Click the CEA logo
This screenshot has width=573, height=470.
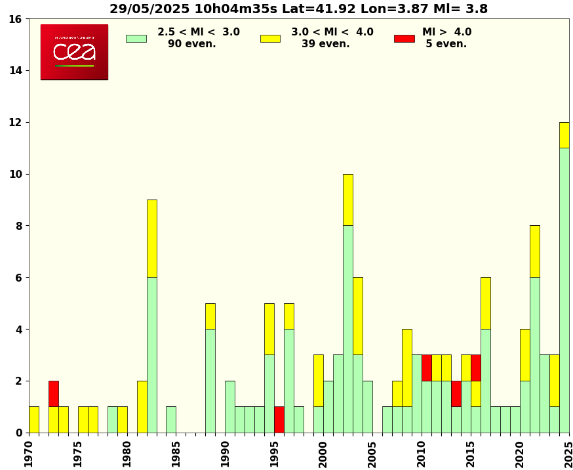(x=74, y=52)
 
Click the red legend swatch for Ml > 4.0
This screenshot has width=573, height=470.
(x=404, y=38)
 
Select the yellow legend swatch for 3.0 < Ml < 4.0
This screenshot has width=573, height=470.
(x=270, y=38)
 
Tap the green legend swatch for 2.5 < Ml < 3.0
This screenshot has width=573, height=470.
(x=136, y=38)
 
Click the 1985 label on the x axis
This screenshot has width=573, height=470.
(x=176, y=454)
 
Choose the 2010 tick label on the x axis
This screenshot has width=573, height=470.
(x=422, y=454)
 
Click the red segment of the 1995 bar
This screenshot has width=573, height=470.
(x=279, y=419)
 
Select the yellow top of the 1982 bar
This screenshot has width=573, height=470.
(x=151, y=238)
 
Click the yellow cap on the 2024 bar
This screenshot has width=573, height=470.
(x=564, y=135)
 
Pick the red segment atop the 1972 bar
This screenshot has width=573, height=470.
(x=54, y=394)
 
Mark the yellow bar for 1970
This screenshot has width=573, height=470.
(x=34, y=419)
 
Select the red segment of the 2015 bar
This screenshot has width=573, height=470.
(x=475, y=368)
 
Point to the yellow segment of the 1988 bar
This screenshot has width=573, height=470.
(x=210, y=316)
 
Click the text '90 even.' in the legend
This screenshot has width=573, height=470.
(x=191, y=44)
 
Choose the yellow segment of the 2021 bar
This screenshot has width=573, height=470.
(x=534, y=251)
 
